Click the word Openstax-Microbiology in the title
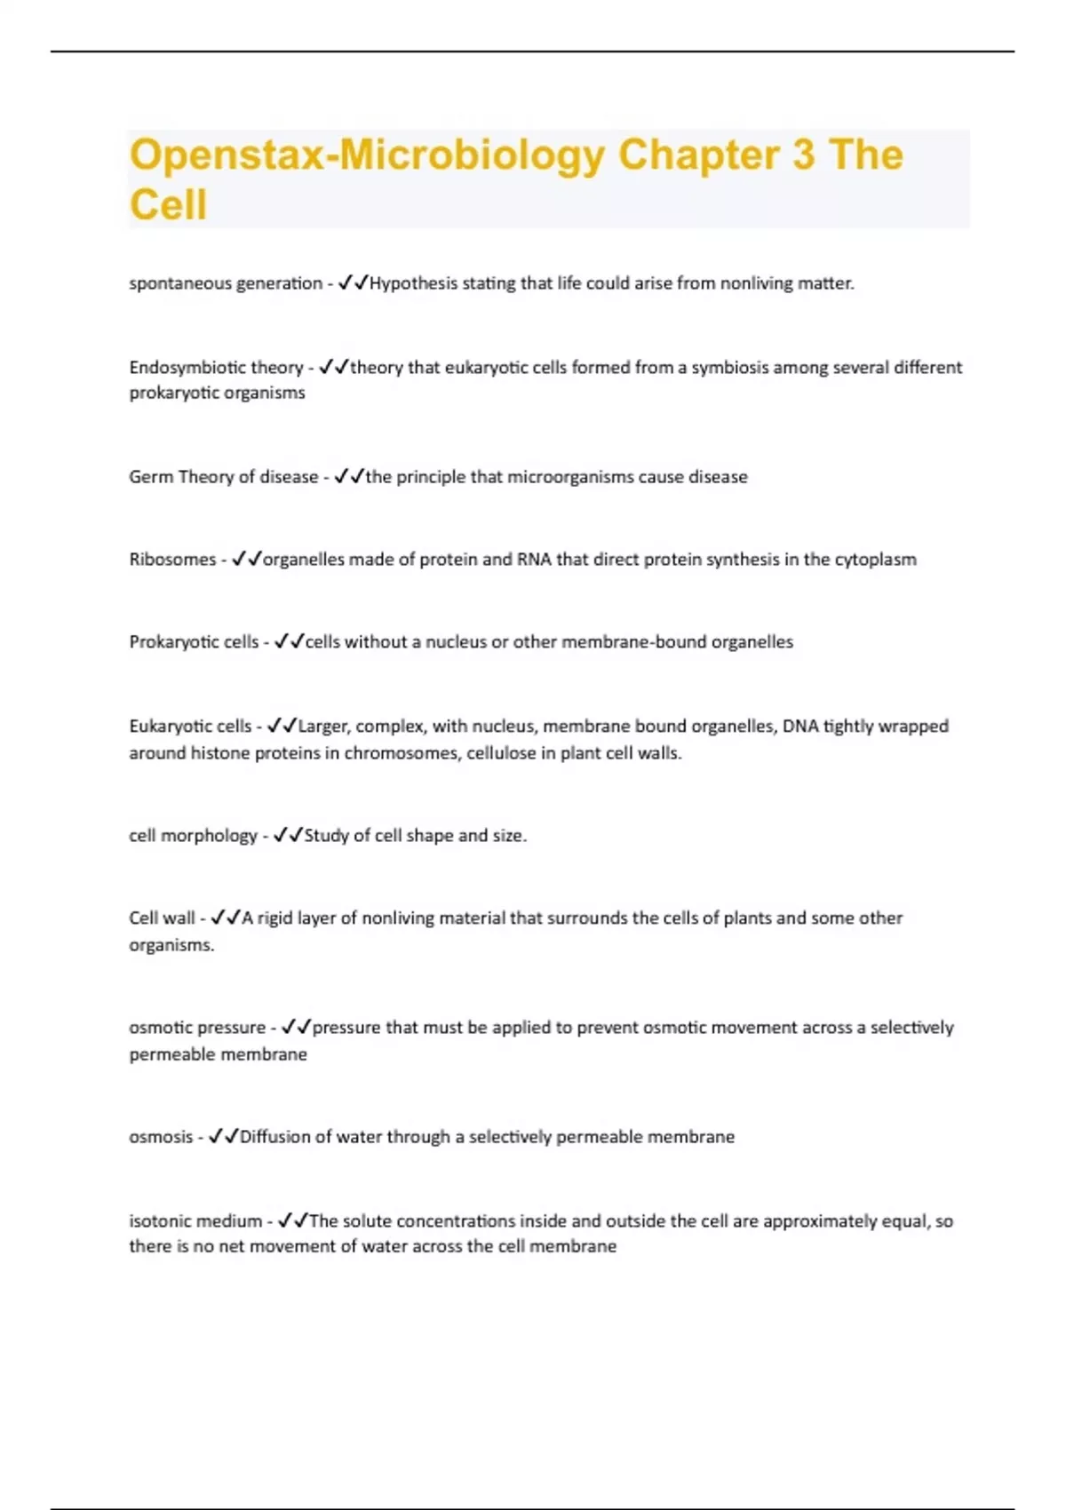coord(367,155)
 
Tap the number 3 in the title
coord(803,155)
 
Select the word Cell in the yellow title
coord(168,204)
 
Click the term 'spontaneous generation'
coord(226,283)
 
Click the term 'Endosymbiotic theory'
coord(216,368)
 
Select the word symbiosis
coord(729,368)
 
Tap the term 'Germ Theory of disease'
coord(223,477)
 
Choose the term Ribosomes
coord(172,560)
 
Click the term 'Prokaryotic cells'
coord(194,642)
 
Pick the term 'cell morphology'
coord(193,836)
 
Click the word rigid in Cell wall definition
coord(274,918)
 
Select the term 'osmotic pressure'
coord(197,1028)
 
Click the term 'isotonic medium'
coord(195,1221)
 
